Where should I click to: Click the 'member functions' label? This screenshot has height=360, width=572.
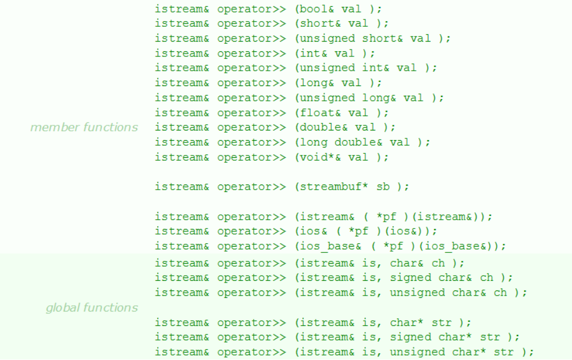(x=84, y=127)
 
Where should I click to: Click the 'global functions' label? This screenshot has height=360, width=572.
(x=92, y=308)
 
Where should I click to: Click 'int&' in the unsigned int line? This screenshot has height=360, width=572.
(x=376, y=68)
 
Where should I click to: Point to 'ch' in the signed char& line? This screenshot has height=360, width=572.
(x=487, y=278)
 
